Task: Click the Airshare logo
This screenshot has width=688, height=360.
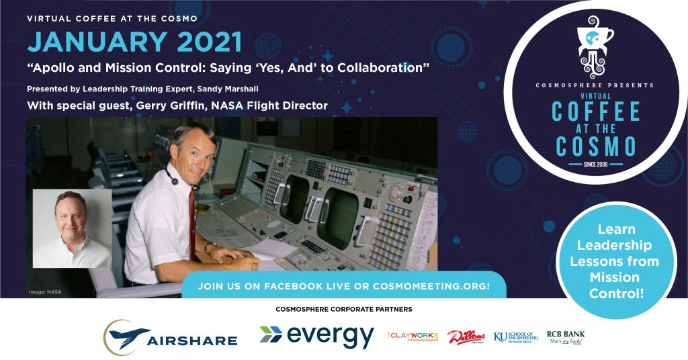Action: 171,336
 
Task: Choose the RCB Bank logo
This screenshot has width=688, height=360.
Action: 566,336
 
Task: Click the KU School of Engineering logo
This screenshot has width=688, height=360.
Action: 515,336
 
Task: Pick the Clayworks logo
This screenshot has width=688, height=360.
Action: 414,336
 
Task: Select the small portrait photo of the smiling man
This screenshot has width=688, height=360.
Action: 73,228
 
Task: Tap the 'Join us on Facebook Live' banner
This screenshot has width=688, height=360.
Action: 343,286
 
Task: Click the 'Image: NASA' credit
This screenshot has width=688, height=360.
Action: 45,291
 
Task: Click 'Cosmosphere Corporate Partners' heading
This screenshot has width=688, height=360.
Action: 343,310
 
